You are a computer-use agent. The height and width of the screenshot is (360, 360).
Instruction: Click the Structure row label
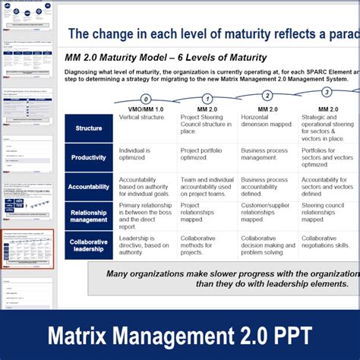click(89, 128)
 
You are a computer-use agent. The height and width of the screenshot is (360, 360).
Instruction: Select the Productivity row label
click(89, 158)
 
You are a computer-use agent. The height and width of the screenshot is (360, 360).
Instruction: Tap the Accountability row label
click(89, 187)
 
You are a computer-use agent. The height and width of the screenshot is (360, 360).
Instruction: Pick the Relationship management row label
click(89, 216)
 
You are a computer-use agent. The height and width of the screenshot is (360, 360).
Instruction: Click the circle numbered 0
click(146, 99)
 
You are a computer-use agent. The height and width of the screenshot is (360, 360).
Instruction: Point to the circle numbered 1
click(207, 99)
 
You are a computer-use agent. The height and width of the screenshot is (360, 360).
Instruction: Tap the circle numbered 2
click(267, 96)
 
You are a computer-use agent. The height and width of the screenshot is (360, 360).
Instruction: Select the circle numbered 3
click(327, 92)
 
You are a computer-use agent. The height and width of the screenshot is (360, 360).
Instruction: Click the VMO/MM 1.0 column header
click(146, 109)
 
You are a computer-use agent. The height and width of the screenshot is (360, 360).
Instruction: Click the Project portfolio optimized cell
click(201, 154)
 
